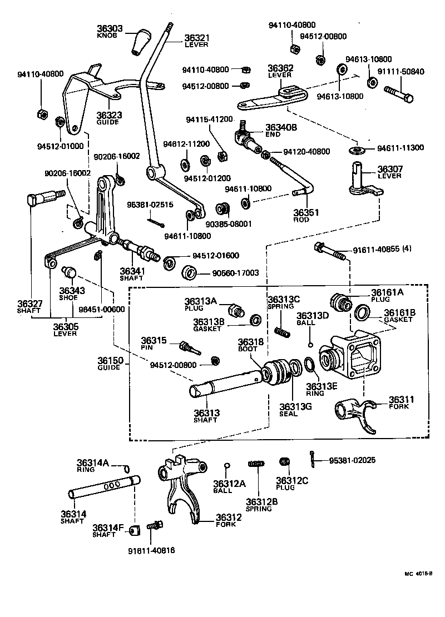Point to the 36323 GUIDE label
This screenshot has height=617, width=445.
pos(109,118)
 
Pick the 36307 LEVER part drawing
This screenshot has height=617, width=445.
pos(364,181)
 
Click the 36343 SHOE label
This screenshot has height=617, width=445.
pos(72,293)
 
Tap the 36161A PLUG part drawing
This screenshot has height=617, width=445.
pos(340,301)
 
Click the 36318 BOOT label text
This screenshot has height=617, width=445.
pos(250,345)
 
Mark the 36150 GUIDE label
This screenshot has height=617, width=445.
pos(110,364)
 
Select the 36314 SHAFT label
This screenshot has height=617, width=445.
pos(73,517)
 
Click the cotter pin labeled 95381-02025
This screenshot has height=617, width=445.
pos(314,459)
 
